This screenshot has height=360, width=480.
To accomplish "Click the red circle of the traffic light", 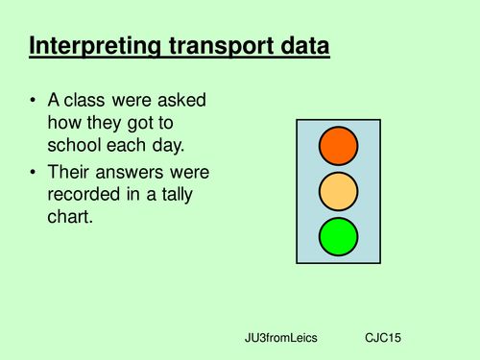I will coord(338,147).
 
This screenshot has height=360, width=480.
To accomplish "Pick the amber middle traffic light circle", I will coord(338,191).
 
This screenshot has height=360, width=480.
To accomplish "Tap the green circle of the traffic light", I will coord(338,236).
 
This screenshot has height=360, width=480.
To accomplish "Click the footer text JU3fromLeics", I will coord(280,340).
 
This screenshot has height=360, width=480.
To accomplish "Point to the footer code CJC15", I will coord(384,340).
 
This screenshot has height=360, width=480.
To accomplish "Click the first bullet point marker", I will coord(36,101).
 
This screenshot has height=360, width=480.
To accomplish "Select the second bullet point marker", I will coord(36,173).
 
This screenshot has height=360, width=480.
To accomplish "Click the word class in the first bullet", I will coord(94,101).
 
